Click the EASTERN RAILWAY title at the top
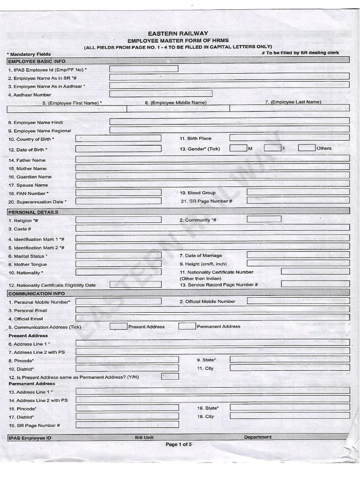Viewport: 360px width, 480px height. click(178, 33)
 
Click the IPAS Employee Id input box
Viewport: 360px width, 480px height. click(143, 69)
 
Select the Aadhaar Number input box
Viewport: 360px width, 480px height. click(161, 94)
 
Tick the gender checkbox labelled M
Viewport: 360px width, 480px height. click(238, 148)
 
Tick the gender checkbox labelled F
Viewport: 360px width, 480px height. click(272, 148)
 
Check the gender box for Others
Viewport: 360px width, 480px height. click(307, 148)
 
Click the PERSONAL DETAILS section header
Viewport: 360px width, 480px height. click(27, 212)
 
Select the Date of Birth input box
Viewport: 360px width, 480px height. click(118, 149)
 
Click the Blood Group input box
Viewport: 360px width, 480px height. click(298, 192)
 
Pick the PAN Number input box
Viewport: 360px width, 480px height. click(118, 193)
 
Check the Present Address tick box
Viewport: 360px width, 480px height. click(119, 326)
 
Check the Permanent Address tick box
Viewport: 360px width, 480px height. click(187, 326)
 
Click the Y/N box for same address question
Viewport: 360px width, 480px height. click(170, 376)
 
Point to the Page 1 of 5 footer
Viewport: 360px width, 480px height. click(179, 444)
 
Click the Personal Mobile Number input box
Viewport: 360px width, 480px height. click(118, 301)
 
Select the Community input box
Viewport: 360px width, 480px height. click(264, 219)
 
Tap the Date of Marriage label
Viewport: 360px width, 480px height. click(200, 255)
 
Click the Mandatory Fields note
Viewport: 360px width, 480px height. click(29, 54)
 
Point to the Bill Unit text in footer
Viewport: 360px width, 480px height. click(144, 437)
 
